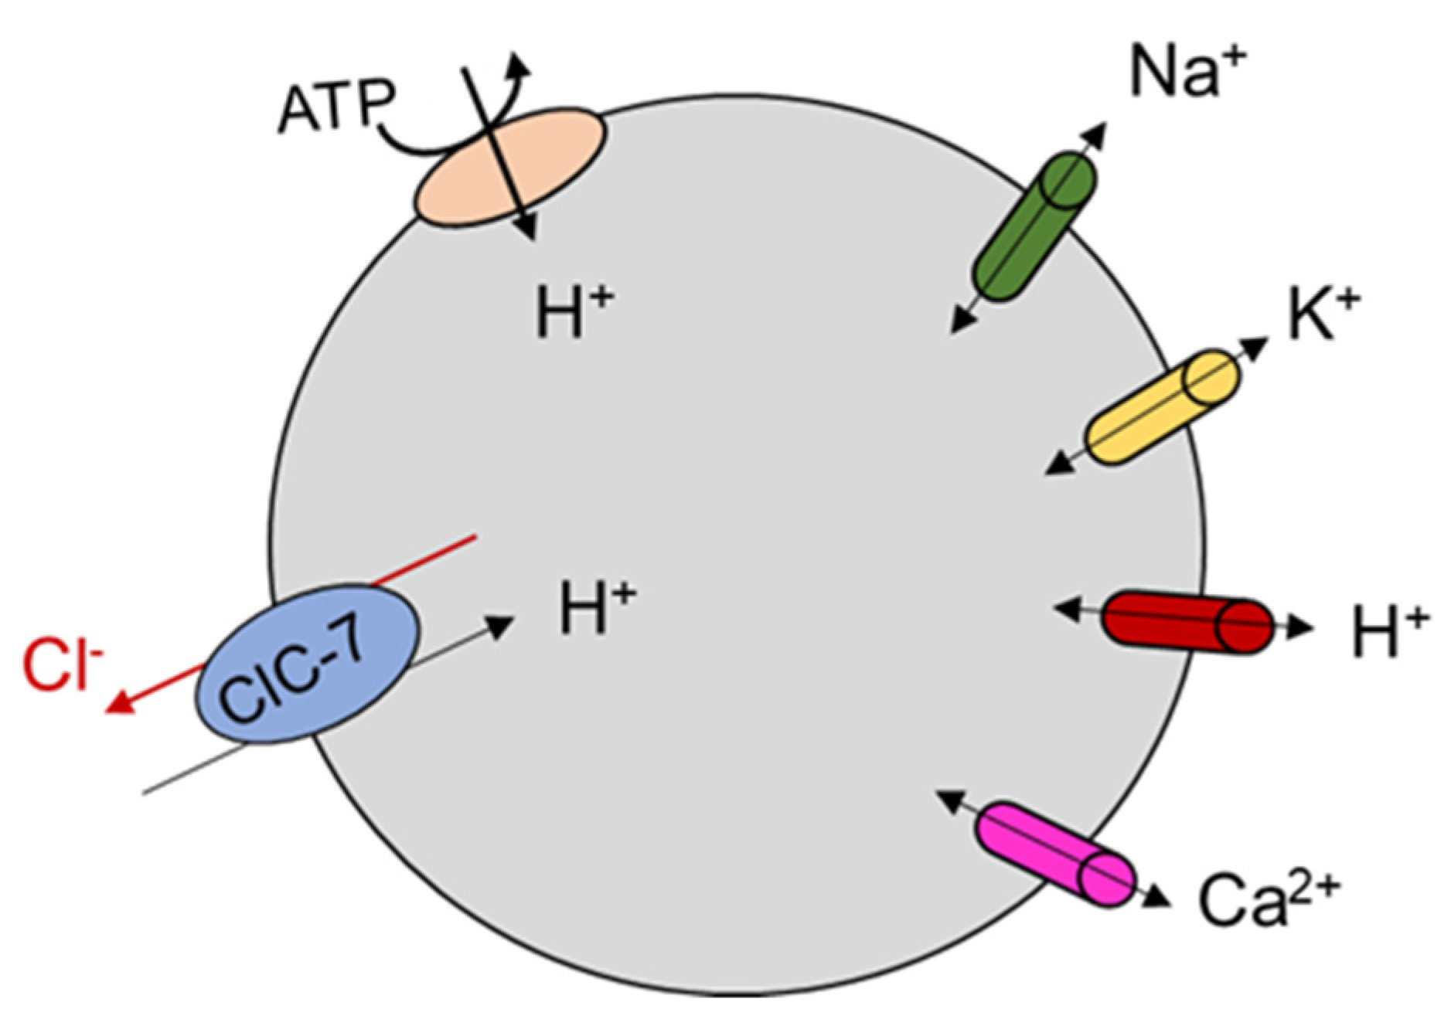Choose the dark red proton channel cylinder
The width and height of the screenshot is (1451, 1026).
pos(1187,622)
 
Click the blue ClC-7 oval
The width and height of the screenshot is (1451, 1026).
pos(308,664)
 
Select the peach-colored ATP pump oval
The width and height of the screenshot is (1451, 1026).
pos(510,165)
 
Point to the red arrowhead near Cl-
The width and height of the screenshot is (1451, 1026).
pos(118,704)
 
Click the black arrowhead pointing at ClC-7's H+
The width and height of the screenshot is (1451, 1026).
pos(502,624)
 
